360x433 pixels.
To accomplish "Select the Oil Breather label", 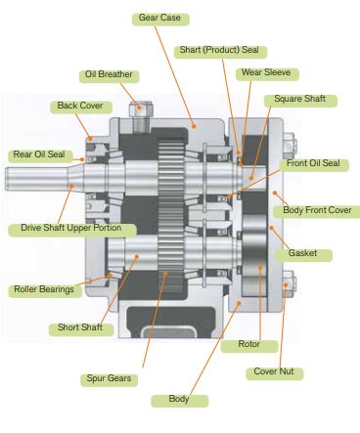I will point(109,75).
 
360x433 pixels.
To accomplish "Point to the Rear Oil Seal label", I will point(37,154).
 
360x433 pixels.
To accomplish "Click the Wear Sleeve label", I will point(267,73).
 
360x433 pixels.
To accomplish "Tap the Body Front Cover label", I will point(315,210).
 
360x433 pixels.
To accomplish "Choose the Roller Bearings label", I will point(44,289).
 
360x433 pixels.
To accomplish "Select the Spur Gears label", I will point(108,378).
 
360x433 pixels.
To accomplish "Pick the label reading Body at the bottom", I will point(179,400).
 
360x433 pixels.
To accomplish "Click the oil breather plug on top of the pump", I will point(136,110).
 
